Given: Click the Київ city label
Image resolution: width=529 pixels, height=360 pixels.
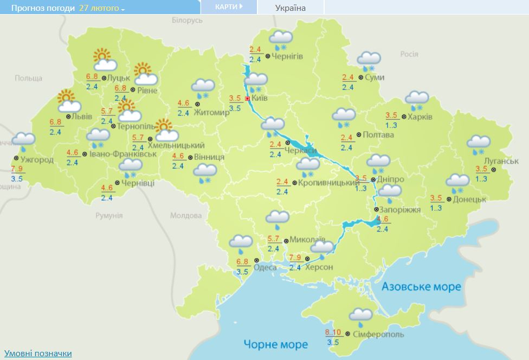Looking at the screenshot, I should tap(260, 99).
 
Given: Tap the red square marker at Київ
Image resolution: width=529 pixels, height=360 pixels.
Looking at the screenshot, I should tap(248, 99).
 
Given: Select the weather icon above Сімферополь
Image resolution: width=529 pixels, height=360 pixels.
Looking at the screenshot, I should tap(360, 316).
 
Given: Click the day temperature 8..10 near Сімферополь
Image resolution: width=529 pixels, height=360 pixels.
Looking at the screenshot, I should tap(334, 332).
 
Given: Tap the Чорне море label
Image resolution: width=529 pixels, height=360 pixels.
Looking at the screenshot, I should tap(275, 344).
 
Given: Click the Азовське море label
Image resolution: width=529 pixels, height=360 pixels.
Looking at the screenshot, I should tap(421, 286).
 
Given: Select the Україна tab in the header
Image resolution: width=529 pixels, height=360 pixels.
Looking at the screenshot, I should tap(291, 8).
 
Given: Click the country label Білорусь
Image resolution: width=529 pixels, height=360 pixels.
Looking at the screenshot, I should tap(186, 20).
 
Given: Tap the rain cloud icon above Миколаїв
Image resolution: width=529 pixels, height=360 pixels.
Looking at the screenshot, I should tap(277, 220).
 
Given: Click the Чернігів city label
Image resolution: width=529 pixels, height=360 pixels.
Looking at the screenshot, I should tap(287, 56).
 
